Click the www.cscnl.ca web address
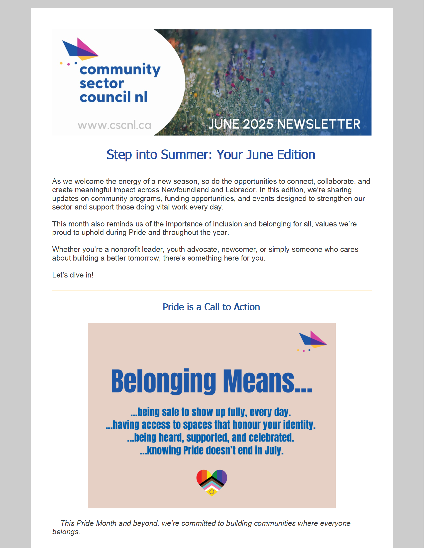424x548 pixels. [x=114, y=125]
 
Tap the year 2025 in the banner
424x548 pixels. [x=258, y=124]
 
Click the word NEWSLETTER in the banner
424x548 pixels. [x=319, y=124]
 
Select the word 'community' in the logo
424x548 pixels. [x=120, y=69]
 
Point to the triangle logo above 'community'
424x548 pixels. [x=80, y=49]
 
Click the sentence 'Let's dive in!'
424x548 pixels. [x=73, y=275]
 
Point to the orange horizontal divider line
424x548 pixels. [x=212, y=290]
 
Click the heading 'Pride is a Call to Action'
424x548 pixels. [x=211, y=307]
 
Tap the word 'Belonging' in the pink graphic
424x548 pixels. [x=163, y=381]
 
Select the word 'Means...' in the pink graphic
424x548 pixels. [x=268, y=381]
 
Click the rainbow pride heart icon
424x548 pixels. [x=212, y=482]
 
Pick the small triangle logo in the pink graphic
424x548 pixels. [x=312, y=340]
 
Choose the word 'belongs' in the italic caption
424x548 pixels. [x=66, y=532]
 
